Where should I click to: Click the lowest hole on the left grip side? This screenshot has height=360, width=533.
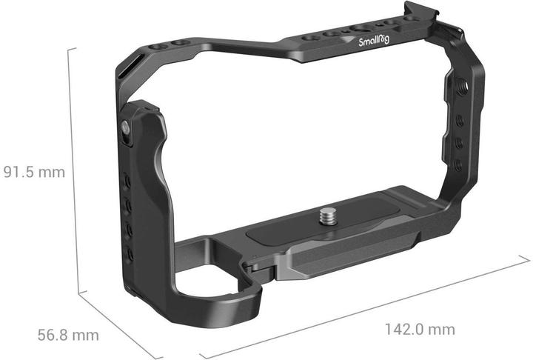click(x=130, y=252)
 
